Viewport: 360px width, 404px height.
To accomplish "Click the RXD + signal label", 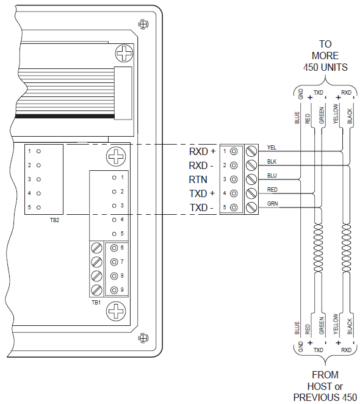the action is tap(202, 151).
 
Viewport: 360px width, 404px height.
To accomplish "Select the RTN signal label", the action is tap(198, 179).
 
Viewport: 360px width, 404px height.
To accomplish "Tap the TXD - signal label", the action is tap(201, 207).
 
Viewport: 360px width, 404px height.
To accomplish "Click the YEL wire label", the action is tap(272, 147).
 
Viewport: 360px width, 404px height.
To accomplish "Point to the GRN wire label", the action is tap(272, 204).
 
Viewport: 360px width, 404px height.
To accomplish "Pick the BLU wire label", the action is tap(272, 176).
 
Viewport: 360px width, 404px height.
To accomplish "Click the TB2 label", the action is tap(54, 220).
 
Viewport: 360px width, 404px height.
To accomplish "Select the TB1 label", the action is tap(96, 303).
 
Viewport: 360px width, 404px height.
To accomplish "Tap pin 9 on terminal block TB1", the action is tap(114, 290).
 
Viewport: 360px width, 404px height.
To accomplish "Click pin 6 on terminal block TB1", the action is tap(114, 248).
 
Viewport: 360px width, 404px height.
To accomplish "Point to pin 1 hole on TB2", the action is tap(38, 151).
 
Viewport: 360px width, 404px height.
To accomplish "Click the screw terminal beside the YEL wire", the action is tap(251, 151).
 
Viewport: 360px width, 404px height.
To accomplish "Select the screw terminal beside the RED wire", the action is tap(251, 193).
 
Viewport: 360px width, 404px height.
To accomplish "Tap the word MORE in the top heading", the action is tap(325, 56).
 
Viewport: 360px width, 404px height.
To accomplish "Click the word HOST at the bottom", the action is tap(319, 386).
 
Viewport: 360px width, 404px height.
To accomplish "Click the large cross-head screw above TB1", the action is tap(116, 156).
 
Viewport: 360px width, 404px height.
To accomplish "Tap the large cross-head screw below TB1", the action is tap(116, 311).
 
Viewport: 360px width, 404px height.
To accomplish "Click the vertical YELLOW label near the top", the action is tap(336, 114).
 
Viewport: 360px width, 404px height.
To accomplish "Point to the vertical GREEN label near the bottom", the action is tap(322, 326).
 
